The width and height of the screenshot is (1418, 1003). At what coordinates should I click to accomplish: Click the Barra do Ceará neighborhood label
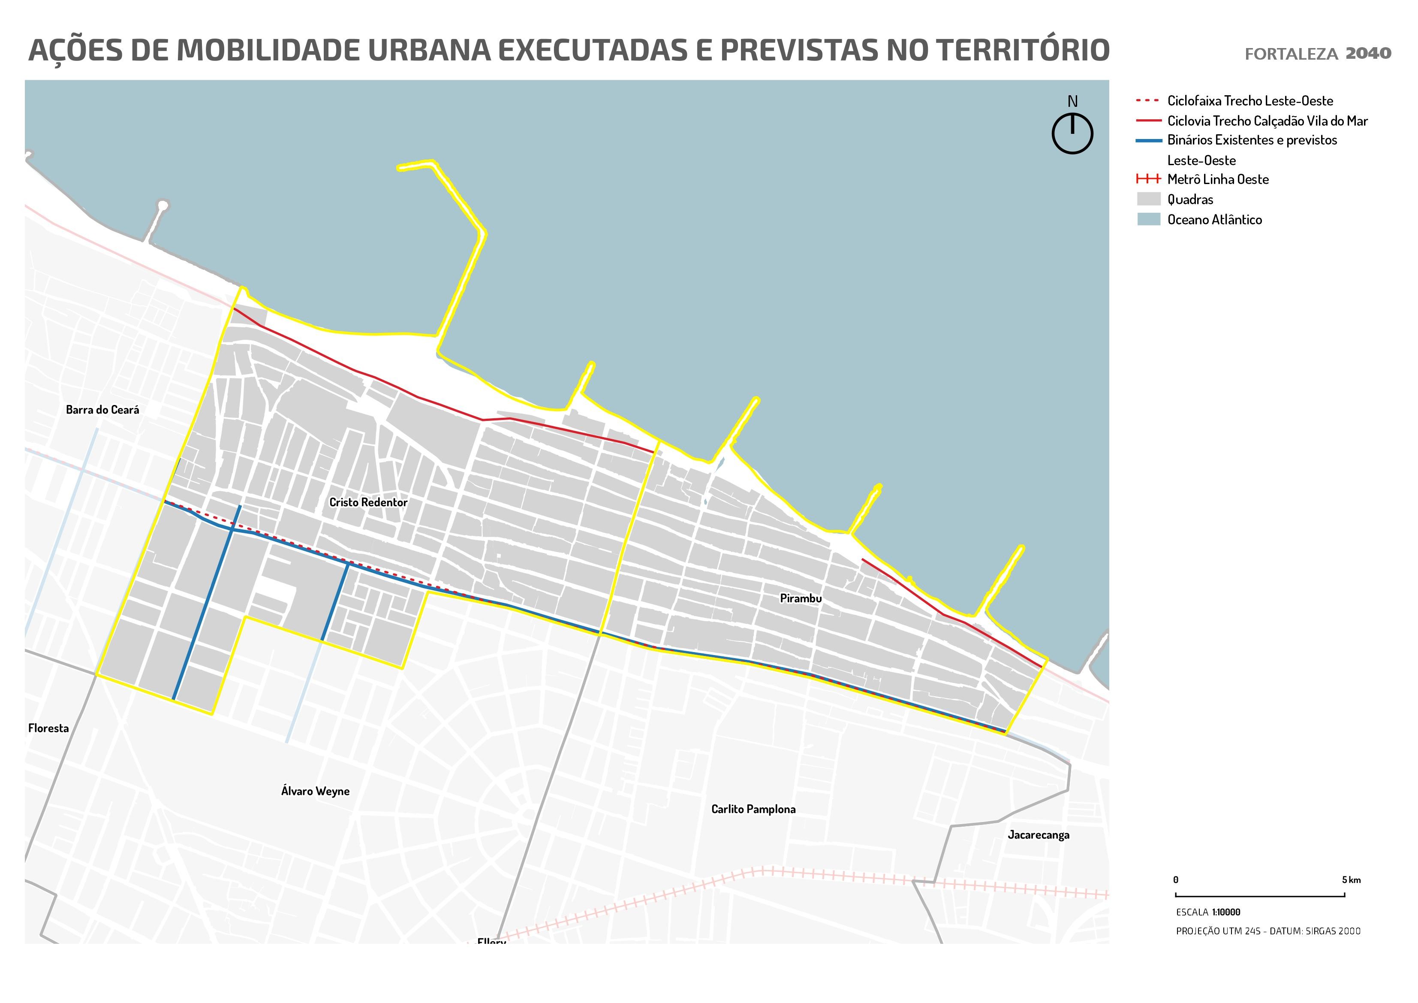(x=102, y=410)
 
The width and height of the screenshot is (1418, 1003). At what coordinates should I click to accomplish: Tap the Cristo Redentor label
(x=368, y=502)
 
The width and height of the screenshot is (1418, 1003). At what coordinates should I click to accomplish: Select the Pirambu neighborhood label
(x=801, y=598)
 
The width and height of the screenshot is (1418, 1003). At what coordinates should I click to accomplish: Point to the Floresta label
(x=48, y=728)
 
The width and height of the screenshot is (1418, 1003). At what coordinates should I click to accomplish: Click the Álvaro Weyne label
(x=315, y=791)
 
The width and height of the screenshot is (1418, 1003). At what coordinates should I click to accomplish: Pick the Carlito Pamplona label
(x=753, y=809)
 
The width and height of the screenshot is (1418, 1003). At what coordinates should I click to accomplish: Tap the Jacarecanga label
(x=1038, y=835)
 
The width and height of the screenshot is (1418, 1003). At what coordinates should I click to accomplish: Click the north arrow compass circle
(x=1072, y=133)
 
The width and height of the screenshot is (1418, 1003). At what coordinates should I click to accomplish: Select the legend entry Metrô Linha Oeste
(x=1217, y=180)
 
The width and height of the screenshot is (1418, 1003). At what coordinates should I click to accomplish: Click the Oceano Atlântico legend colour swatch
(x=1148, y=219)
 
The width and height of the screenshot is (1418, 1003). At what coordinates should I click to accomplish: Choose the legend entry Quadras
(x=1189, y=199)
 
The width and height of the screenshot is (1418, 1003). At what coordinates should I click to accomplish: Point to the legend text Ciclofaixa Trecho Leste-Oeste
(x=1249, y=101)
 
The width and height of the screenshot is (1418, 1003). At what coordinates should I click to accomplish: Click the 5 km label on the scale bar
(x=1351, y=880)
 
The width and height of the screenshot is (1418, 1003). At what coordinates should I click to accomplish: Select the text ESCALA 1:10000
(x=1207, y=912)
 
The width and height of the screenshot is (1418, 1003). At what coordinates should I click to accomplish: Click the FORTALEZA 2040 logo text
(x=1317, y=54)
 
